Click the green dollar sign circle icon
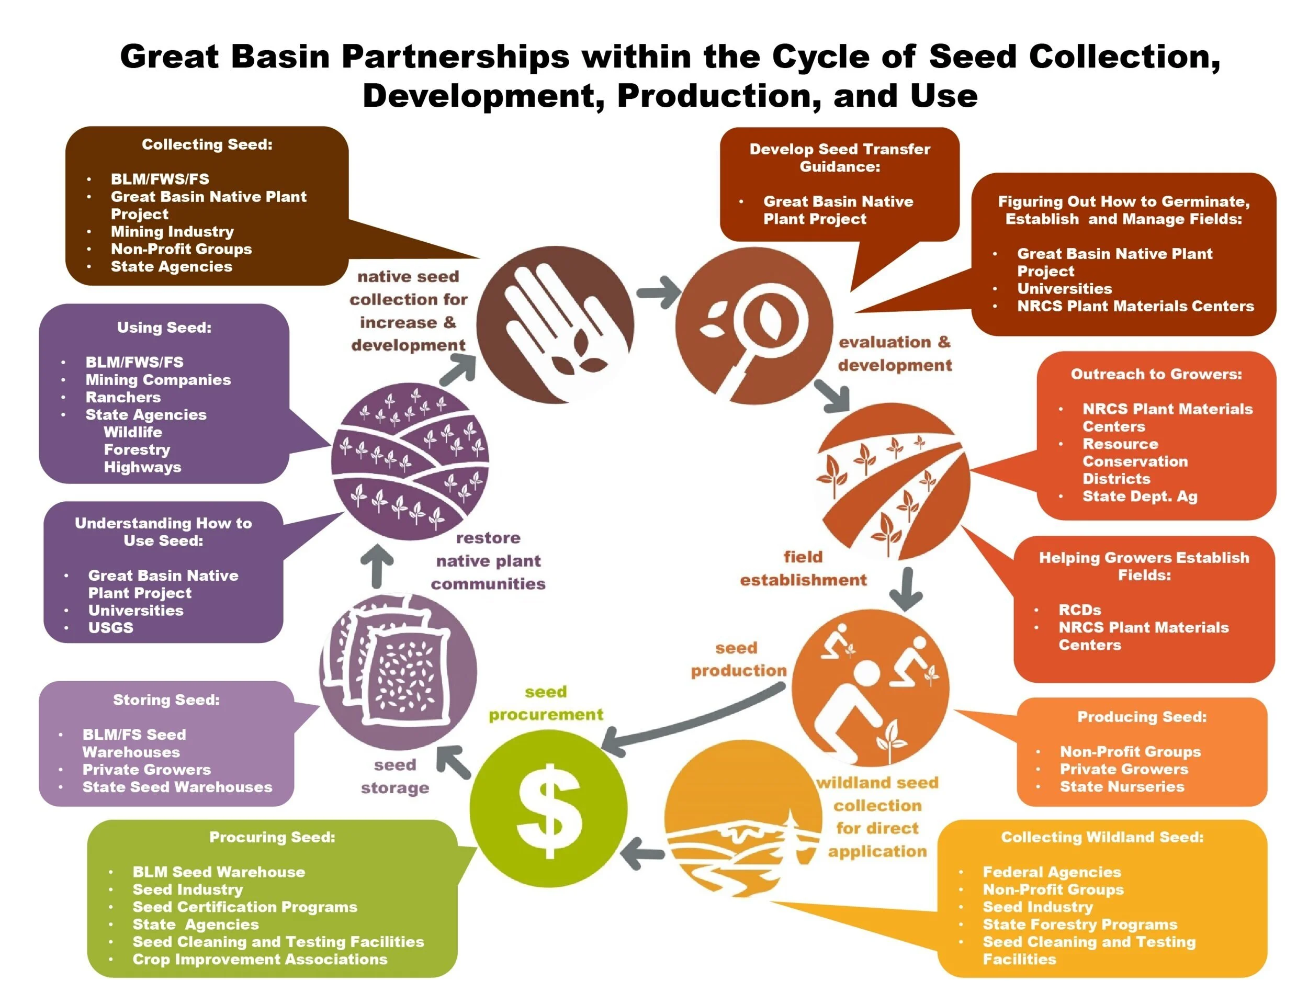[548, 808]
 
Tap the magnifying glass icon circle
[754, 326]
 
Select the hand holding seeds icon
[555, 324]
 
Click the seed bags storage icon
[398, 672]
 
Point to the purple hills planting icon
[410, 461]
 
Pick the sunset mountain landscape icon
[743, 818]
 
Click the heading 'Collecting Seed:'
[207, 144]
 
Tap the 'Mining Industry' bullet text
[172, 231]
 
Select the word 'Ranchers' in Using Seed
[123, 397]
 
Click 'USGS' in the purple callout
[110, 627]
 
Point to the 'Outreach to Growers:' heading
[1156, 374]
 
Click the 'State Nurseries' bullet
[1122, 786]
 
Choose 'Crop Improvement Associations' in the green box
[260, 959]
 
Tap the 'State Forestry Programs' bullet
[1080, 924]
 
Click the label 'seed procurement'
[546, 703]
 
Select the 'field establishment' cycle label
[803, 568]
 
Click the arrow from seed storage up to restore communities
[377, 566]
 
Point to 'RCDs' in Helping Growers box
[1080, 610]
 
